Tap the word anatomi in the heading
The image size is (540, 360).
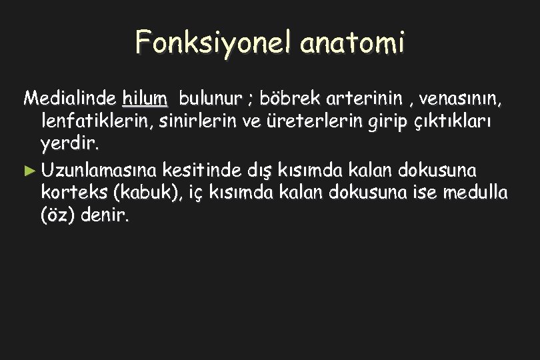pos(353,43)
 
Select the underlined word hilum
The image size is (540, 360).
pos(145,100)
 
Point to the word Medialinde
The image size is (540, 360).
pos(70,100)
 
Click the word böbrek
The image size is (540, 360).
pos(289,100)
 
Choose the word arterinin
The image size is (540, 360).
pos(362,100)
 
